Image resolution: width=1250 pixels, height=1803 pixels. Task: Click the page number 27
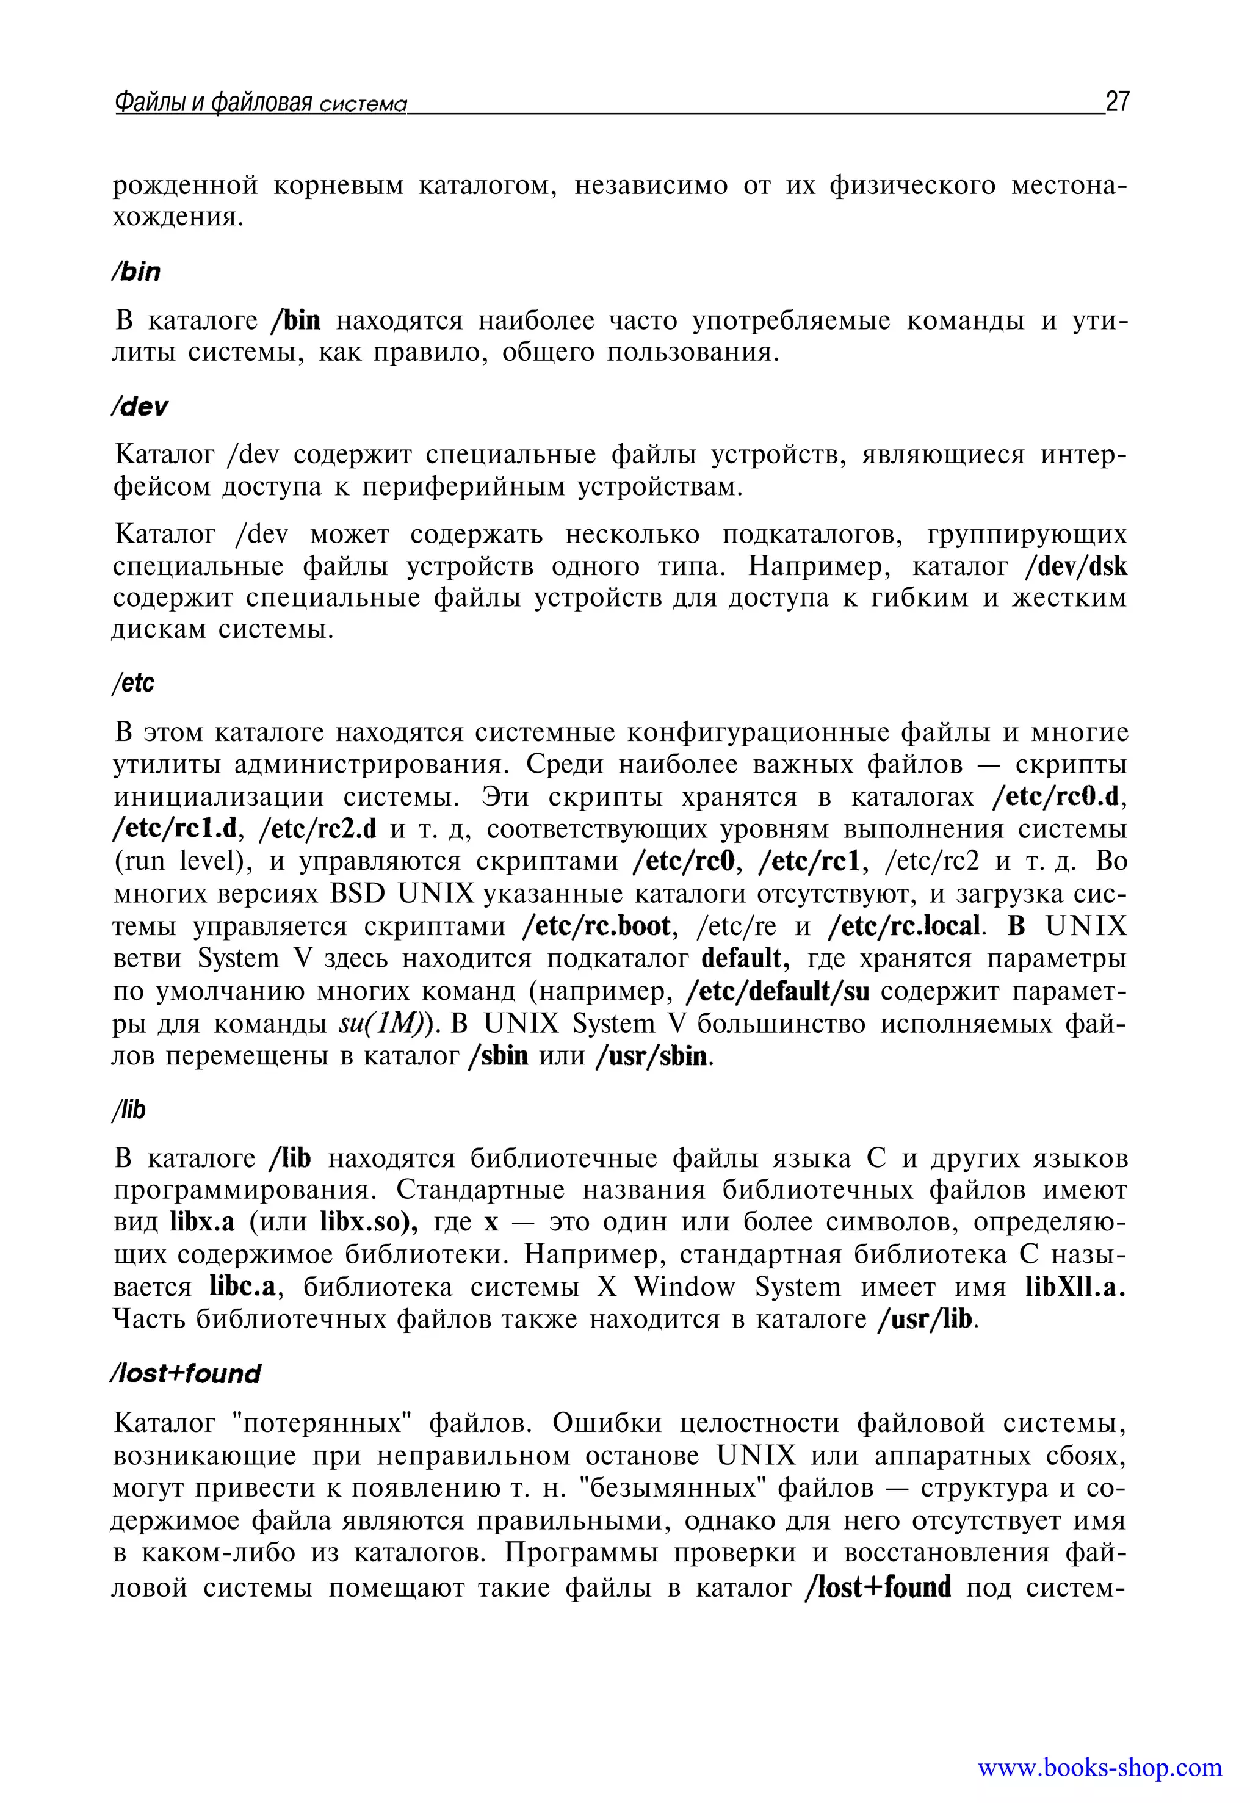coord(1117,102)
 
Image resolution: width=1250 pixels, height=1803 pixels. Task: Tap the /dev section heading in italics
coord(139,406)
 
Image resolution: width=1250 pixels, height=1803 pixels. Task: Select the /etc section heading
coord(133,683)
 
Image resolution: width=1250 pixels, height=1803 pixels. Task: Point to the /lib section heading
coord(129,1109)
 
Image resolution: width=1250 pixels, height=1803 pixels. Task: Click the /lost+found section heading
coord(186,1374)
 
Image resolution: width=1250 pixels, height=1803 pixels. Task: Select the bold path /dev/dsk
coord(1076,566)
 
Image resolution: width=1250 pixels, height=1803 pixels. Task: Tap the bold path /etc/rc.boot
coord(597,927)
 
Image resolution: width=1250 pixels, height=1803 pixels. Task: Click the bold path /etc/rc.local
coord(904,927)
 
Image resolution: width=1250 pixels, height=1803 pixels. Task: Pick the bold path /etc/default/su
coord(777,992)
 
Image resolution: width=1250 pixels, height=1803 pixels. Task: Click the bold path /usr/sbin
coord(652,1057)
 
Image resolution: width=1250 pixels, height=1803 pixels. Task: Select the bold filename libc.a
coord(245,1287)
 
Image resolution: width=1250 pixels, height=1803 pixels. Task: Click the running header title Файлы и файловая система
coord(261,103)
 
